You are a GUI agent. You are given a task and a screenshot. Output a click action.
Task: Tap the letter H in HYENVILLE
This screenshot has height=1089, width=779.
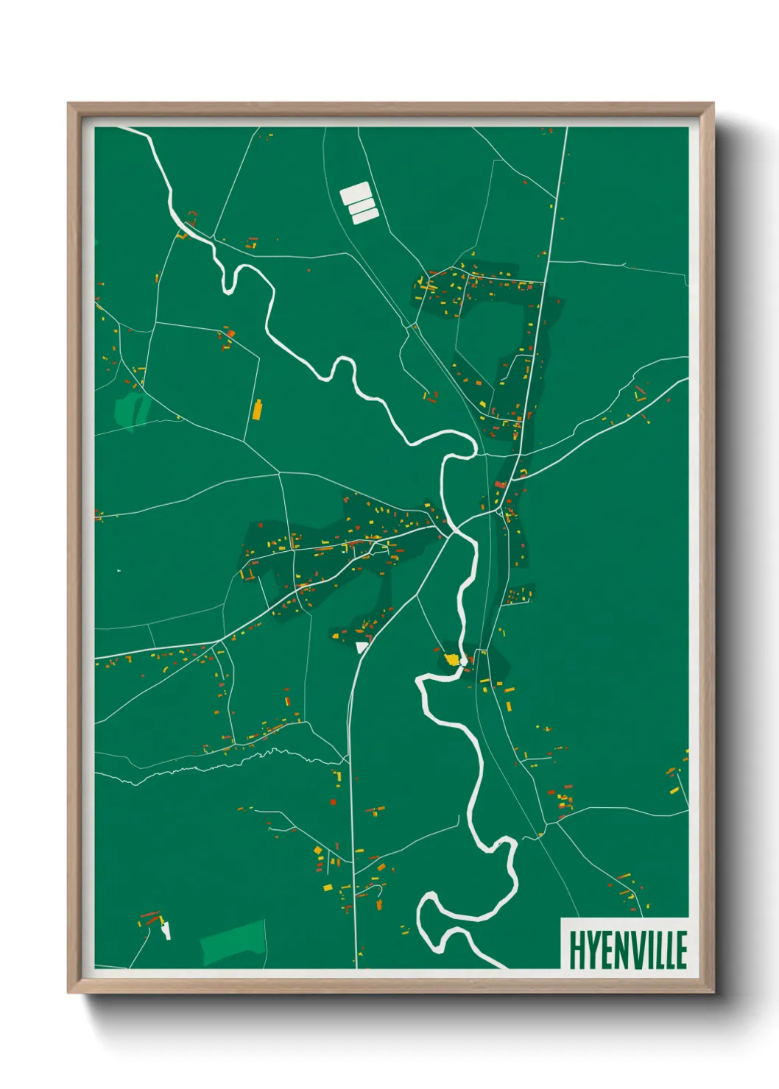tap(576, 950)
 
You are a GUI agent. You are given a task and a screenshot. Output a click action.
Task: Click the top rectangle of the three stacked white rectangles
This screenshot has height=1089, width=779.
tap(355, 194)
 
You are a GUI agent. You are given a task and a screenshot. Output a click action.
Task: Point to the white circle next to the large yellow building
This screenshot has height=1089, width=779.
tap(463, 662)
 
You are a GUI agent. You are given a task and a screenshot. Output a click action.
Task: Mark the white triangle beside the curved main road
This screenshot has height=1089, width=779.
tap(361, 647)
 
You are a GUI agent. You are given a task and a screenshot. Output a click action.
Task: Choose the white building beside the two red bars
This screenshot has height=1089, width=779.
tap(166, 930)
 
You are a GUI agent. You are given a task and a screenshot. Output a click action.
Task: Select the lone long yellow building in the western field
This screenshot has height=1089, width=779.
tap(257, 409)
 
